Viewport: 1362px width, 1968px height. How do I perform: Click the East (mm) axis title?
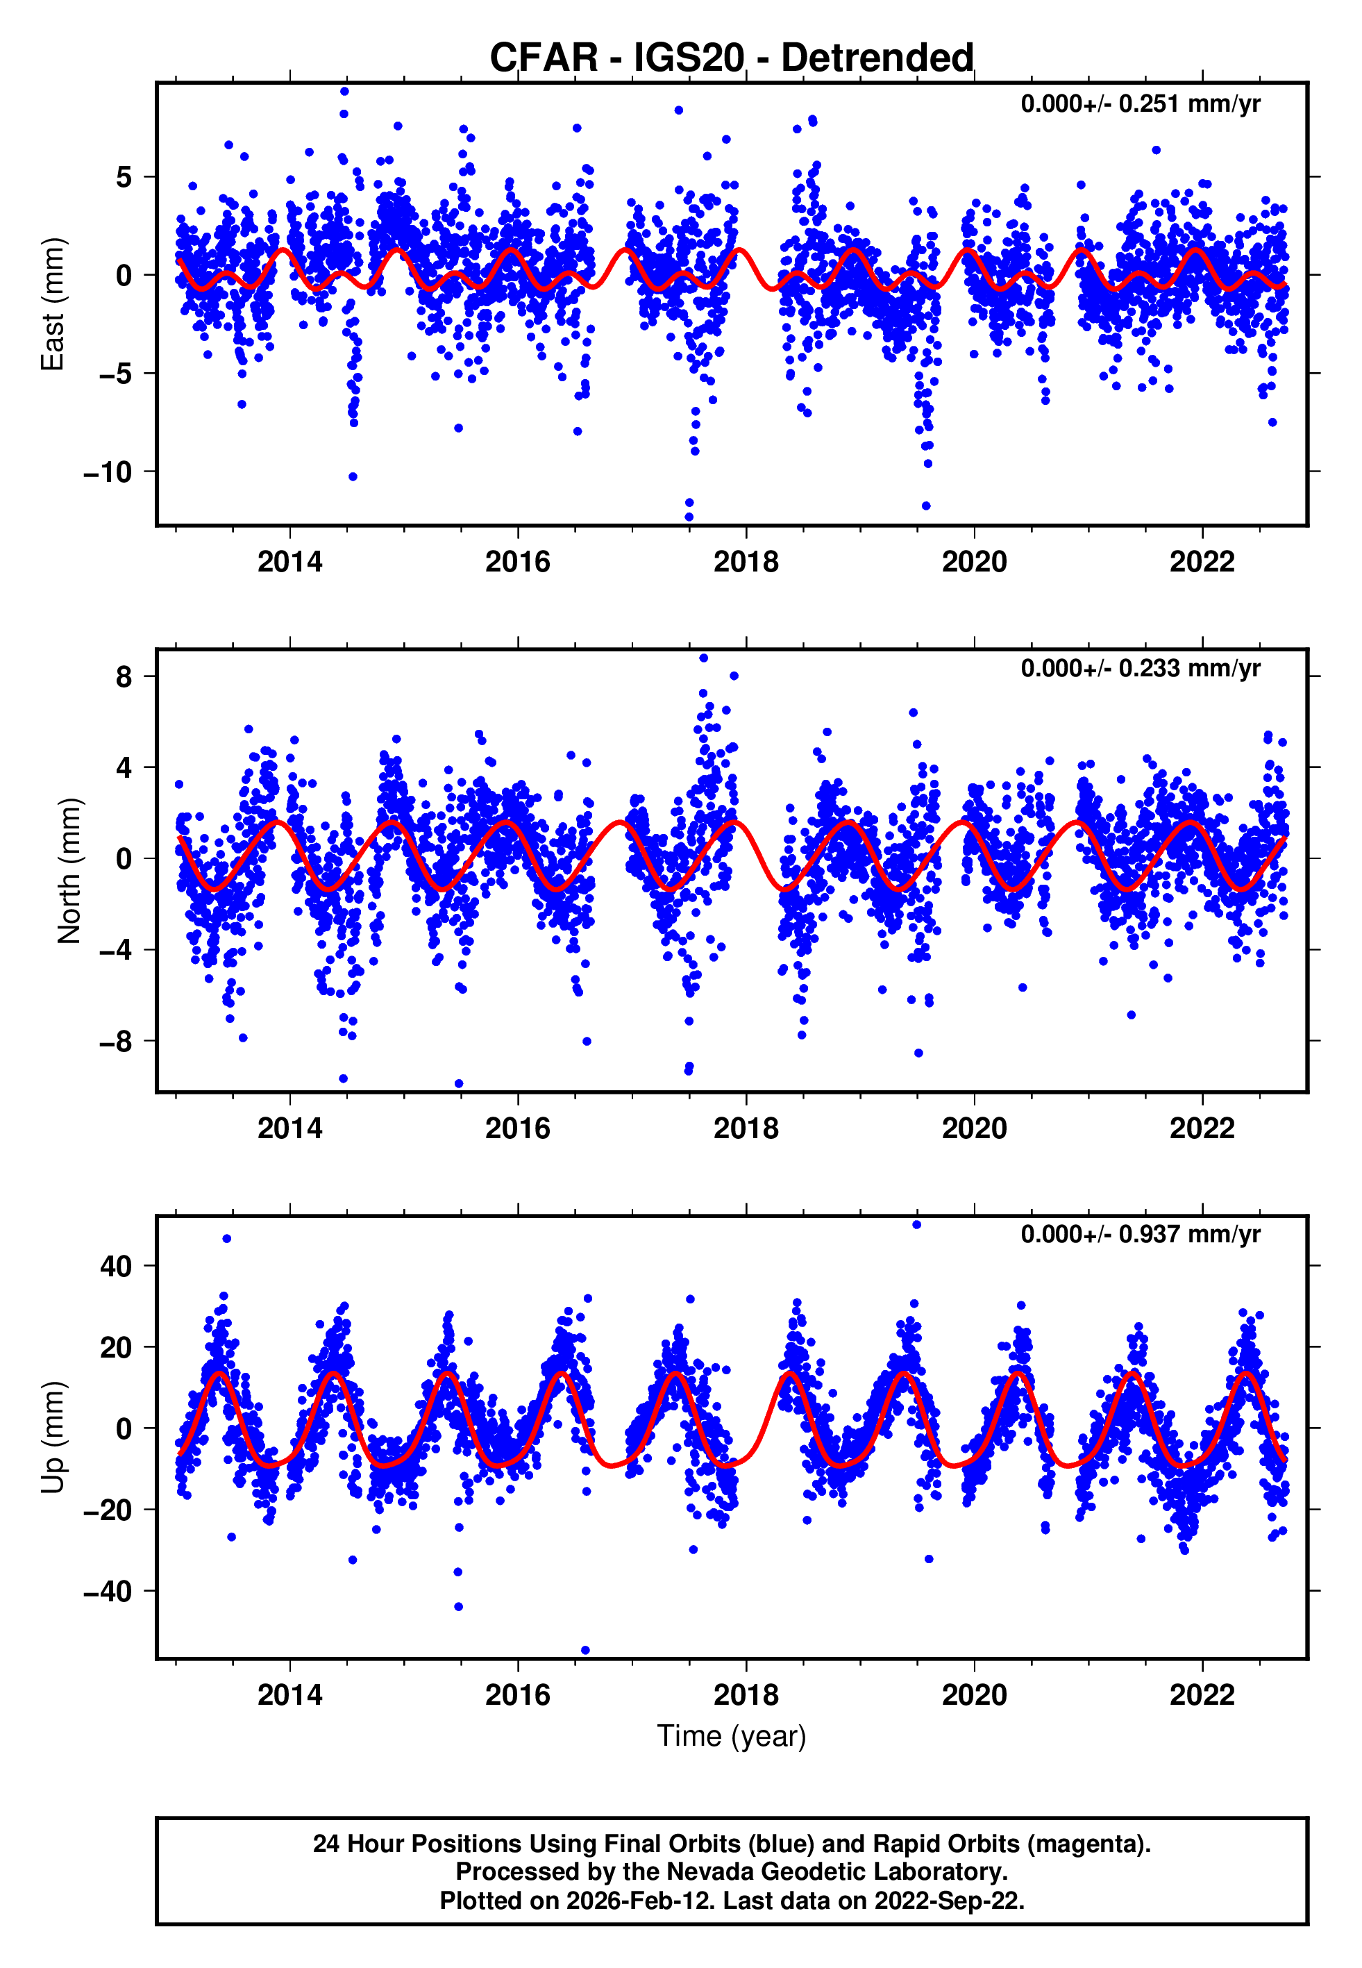[53, 305]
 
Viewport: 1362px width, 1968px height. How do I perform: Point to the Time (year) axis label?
[732, 1736]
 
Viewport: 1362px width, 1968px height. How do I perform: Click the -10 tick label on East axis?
[108, 472]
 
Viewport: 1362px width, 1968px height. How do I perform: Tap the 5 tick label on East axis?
[124, 178]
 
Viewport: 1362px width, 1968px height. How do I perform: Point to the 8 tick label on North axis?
[124, 678]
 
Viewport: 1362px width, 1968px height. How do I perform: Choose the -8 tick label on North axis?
[115, 1042]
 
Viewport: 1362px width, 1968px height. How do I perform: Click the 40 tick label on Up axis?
[116, 1267]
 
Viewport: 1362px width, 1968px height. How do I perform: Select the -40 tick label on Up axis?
[108, 1592]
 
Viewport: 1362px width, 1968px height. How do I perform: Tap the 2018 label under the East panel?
[746, 562]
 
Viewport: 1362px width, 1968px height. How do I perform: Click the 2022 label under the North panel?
[1202, 1129]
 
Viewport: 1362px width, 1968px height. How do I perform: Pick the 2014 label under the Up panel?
[290, 1695]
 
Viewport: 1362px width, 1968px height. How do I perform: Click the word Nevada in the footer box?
[707, 1872]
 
